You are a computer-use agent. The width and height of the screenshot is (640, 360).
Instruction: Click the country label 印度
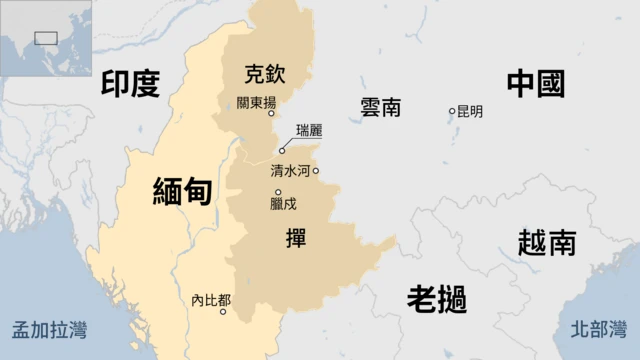(131, 84)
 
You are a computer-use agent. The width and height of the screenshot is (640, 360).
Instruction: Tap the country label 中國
(536, 84)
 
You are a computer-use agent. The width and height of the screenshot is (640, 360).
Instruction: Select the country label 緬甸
(182, 190)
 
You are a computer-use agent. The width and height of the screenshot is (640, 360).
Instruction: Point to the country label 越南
(547, 242)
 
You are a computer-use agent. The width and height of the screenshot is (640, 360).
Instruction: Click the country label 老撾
(437, 298)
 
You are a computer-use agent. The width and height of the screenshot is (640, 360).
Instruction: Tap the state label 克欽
(265, 73)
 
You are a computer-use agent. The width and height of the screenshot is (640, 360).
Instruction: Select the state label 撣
(296, 239)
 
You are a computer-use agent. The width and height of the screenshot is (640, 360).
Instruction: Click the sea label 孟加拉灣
(48, 329)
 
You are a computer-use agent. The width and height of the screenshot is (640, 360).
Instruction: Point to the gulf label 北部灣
(598, 329)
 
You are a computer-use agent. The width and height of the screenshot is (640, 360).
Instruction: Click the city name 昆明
(470, 111)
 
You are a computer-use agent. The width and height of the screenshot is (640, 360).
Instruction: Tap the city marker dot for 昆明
(452, 111)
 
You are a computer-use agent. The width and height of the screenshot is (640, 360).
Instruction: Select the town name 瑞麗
(310, 131)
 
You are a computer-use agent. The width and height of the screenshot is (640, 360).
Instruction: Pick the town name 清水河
(290, 171)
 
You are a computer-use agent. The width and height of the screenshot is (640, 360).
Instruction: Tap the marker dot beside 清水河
(316, 171)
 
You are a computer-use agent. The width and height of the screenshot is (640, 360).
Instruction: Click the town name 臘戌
(283, 204)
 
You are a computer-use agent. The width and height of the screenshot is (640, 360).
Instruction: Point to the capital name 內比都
(210, 299)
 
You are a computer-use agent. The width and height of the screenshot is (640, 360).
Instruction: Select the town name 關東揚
(256, 102)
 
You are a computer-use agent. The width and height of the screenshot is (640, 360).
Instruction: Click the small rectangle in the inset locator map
(46, 38)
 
